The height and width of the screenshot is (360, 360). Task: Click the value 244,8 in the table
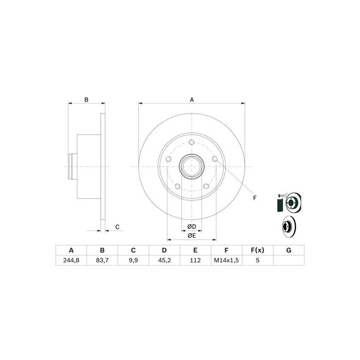tap(71, 260)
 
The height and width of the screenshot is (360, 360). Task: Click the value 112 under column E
tap(195, 260)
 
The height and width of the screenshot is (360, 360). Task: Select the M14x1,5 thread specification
tap(226, 260)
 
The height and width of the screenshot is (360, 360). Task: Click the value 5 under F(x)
tap(257, 260)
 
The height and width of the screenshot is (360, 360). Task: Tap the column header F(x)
tap(257, 250)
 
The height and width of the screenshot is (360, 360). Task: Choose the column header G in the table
tap(288, 250)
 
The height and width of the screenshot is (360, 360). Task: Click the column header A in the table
tap(71, 250)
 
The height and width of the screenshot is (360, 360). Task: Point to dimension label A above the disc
tap(192, 100)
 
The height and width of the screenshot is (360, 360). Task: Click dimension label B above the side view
tap(86, 100)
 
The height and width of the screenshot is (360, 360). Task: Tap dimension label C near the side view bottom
tap(117, 227)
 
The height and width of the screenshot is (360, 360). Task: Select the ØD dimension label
tap(192, 226)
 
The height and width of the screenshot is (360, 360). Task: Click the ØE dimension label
tap(192, 235)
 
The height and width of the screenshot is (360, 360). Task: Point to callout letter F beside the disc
tap(254, 198)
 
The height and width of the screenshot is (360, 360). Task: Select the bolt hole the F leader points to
tap(215, 159)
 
